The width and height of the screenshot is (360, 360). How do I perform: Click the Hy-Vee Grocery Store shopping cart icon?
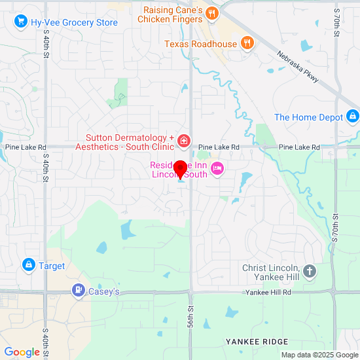(20, 22)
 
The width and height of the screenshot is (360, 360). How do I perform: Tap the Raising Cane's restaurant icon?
(211, 13)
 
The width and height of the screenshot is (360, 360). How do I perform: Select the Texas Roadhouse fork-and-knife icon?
(247, 44)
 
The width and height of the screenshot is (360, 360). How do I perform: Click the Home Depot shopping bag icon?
(353, 117)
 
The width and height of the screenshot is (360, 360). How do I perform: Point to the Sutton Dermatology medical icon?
(184, 141)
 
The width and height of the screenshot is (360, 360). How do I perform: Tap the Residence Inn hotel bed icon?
(217, 170)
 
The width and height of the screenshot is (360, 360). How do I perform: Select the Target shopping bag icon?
(28, 265)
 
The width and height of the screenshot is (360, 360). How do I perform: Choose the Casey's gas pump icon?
(79, 290)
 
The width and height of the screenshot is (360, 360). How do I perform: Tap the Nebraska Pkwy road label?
(298, 67)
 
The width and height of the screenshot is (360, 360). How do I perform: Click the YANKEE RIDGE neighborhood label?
(257, 342)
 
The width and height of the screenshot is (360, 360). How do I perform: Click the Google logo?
(21, 352)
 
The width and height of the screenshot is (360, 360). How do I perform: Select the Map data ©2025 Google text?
(319, 355)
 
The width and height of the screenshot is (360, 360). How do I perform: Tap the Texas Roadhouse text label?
(200, 44)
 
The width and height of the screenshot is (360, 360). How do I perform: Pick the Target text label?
(52, 266)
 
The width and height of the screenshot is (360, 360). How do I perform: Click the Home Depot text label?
(309, 117)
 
